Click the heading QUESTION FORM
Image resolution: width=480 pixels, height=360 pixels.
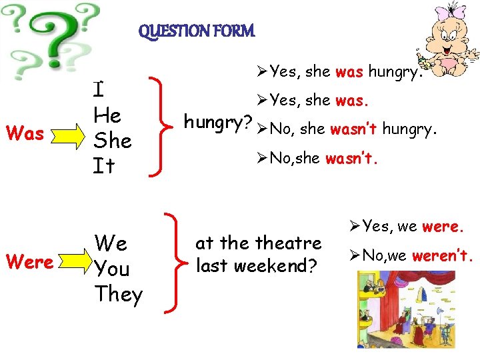(x=197, y=31)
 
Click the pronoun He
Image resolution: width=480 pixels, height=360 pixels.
(x=107, y=115)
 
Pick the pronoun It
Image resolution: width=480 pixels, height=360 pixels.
(x=104, y=165)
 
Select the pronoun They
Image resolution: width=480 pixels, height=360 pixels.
(x=119, y=294)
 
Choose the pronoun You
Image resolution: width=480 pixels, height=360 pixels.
(x=113, y=269)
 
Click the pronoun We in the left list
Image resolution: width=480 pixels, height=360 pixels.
(x=111, y=243)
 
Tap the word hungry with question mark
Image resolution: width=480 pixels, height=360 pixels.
(x=217, y=123)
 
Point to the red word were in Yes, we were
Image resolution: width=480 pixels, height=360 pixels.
(x=441, y=227)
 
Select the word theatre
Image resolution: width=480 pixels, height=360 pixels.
(x=288, y=243)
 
